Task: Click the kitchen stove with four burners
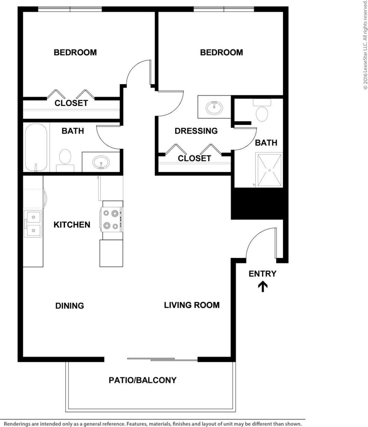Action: tap(112, 219)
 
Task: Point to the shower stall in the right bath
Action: tap(270, 170)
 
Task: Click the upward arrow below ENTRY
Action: tap(262, 286)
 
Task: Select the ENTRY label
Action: tap(262, 273)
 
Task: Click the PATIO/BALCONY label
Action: tap(142, 380)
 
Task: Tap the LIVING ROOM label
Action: tap(192, 305)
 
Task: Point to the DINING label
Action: tap(69, 306)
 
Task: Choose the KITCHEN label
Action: tap(72, 225)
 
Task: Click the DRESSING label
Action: tap(196, 131)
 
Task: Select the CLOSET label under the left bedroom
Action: tap(71, 103)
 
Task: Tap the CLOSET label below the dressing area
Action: tap(194, 158)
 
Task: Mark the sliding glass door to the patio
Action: tap(162, 359)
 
